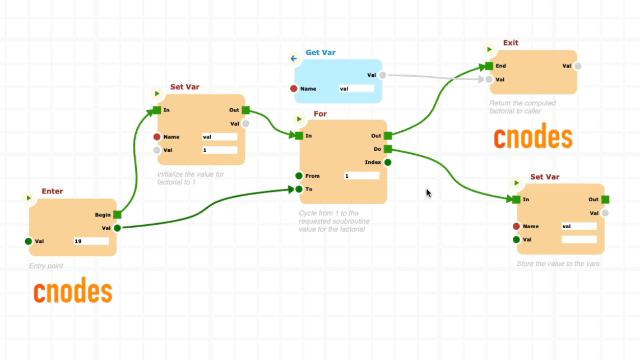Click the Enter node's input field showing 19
[91, 241]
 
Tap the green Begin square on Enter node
[117, 215]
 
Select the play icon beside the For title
[299, 119]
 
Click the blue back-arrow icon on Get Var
[293, 58]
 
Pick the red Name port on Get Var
[294, 89]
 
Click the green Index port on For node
[388, 163]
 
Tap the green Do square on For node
[388, 149]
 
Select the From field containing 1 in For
[361, 176]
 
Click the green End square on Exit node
[489, 66]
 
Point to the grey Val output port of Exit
[578, 66]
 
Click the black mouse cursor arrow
[428, 193]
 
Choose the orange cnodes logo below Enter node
[73, 292]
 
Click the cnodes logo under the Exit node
[533, 138]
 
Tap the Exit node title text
[511, 43]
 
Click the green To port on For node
[299, 190]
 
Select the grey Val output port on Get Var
[382, 75]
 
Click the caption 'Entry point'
[46, 266]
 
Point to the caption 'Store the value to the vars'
[558, 264]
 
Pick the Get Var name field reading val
[356, 89]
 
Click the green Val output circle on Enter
[117, 228]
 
